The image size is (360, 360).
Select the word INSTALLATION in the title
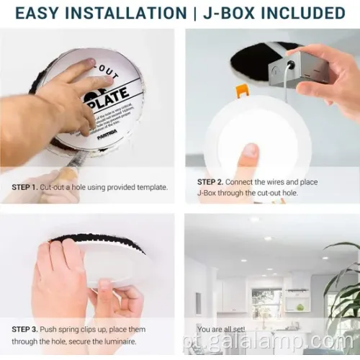(129, 13)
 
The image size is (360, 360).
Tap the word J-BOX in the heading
(230, 13)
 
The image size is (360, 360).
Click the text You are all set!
(220, 330)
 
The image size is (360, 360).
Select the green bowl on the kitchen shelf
(299, 307)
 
